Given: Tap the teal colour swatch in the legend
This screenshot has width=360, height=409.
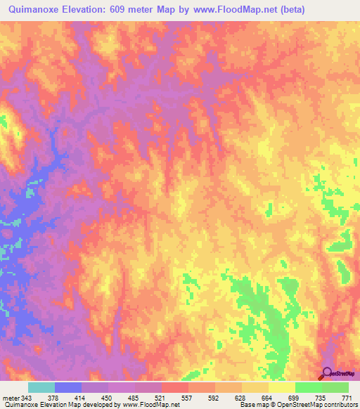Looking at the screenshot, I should [41, 387].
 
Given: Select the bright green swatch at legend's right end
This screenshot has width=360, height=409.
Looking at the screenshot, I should [335, 387].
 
